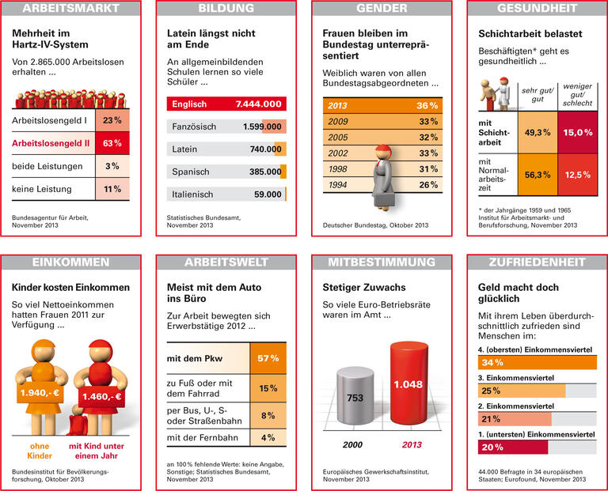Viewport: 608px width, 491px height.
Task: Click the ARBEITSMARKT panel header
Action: coord(71,9)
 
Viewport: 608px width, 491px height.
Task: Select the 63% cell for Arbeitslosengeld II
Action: coord(112,143)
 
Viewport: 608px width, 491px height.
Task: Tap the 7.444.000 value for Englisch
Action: coord(258,104)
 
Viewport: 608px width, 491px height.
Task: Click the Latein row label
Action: coord(185,149)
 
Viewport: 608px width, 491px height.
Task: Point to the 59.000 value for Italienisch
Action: coord(264,194)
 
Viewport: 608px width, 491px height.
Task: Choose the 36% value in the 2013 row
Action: coord(427,106)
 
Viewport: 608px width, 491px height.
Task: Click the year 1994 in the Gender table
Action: coord(338,185)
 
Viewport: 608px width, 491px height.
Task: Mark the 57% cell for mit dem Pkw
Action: coord(268,358)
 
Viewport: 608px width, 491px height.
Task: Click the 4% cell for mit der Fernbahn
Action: coord(268,437)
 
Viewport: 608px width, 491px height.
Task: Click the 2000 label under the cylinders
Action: coord(353,444)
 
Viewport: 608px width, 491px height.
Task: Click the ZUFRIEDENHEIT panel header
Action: coord(538,262)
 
